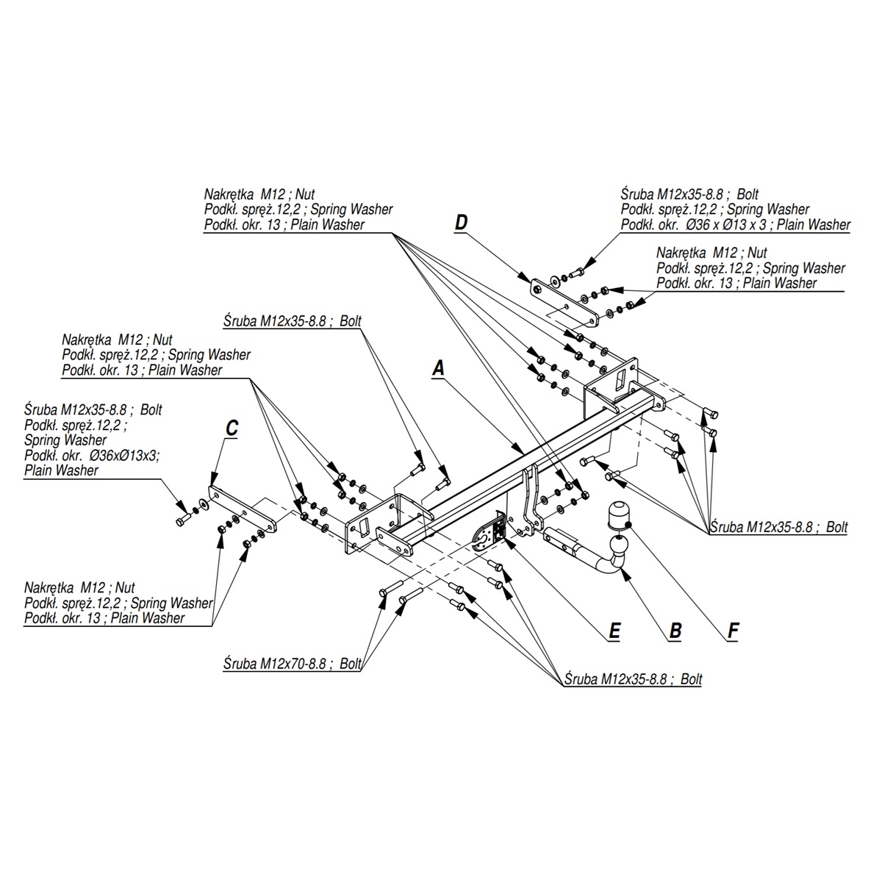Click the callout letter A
click(x=439, y=367)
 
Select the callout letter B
click(x=675, y=630)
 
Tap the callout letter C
click(x=231, y=428)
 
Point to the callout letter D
click(x=461, y=222)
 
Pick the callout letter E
click(x=614, y=630)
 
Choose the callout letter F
click(x=733, y=630)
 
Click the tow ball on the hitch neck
click(x=616, y=514)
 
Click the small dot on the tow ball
click(x=631, y=524)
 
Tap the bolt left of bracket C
click(x=183, y=521)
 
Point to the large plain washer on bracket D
click(x=553, y=280)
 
